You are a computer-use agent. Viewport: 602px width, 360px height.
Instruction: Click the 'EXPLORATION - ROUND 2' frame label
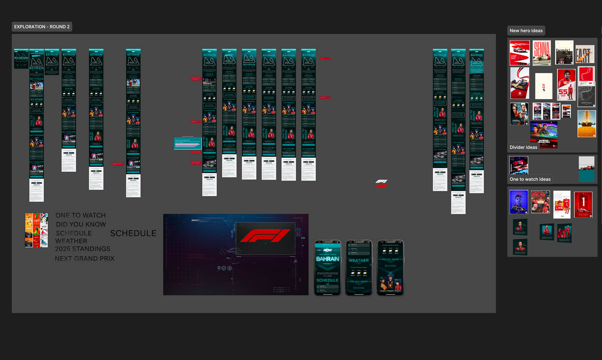[x=42, y=27]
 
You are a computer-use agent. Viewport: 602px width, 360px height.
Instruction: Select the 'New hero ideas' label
[x=526, y=30]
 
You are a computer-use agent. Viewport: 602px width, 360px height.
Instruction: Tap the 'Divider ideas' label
[x=523, y=147]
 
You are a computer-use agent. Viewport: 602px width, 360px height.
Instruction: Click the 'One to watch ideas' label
[x=530, y=179]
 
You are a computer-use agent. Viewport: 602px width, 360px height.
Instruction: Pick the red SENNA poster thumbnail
[x=541, y=53]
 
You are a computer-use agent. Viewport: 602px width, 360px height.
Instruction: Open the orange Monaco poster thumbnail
[x=586, y=123]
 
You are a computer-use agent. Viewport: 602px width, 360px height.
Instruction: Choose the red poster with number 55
[x=566, y=85]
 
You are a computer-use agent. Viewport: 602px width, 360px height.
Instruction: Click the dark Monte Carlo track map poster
[x=586, y=96]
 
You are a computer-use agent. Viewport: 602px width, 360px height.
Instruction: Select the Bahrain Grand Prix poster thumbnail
[x=544, y=135]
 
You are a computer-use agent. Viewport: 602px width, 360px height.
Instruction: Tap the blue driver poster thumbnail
[x=519, y=202]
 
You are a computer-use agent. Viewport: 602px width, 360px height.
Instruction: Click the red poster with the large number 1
[x=583, y=204]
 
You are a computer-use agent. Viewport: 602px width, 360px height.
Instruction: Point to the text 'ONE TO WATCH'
[x=81, y=215]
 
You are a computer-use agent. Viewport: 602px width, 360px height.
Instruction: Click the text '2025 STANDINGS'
[x=83, y=249]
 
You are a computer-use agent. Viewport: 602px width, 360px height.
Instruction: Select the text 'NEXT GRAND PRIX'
[x=85, y=258]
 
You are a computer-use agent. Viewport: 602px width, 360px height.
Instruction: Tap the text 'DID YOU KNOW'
[x=81, y=224]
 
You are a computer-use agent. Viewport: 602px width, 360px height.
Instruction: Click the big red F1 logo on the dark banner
[x=265, y=235]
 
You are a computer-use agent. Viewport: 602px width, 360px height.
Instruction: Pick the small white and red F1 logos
[x=381, y=184]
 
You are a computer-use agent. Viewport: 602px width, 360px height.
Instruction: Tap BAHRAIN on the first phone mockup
[x=327, y=259]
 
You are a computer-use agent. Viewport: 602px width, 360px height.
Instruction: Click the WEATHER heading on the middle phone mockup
[x=359, y=260]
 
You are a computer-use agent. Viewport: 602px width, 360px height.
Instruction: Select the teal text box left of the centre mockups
[x=187, y=143]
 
